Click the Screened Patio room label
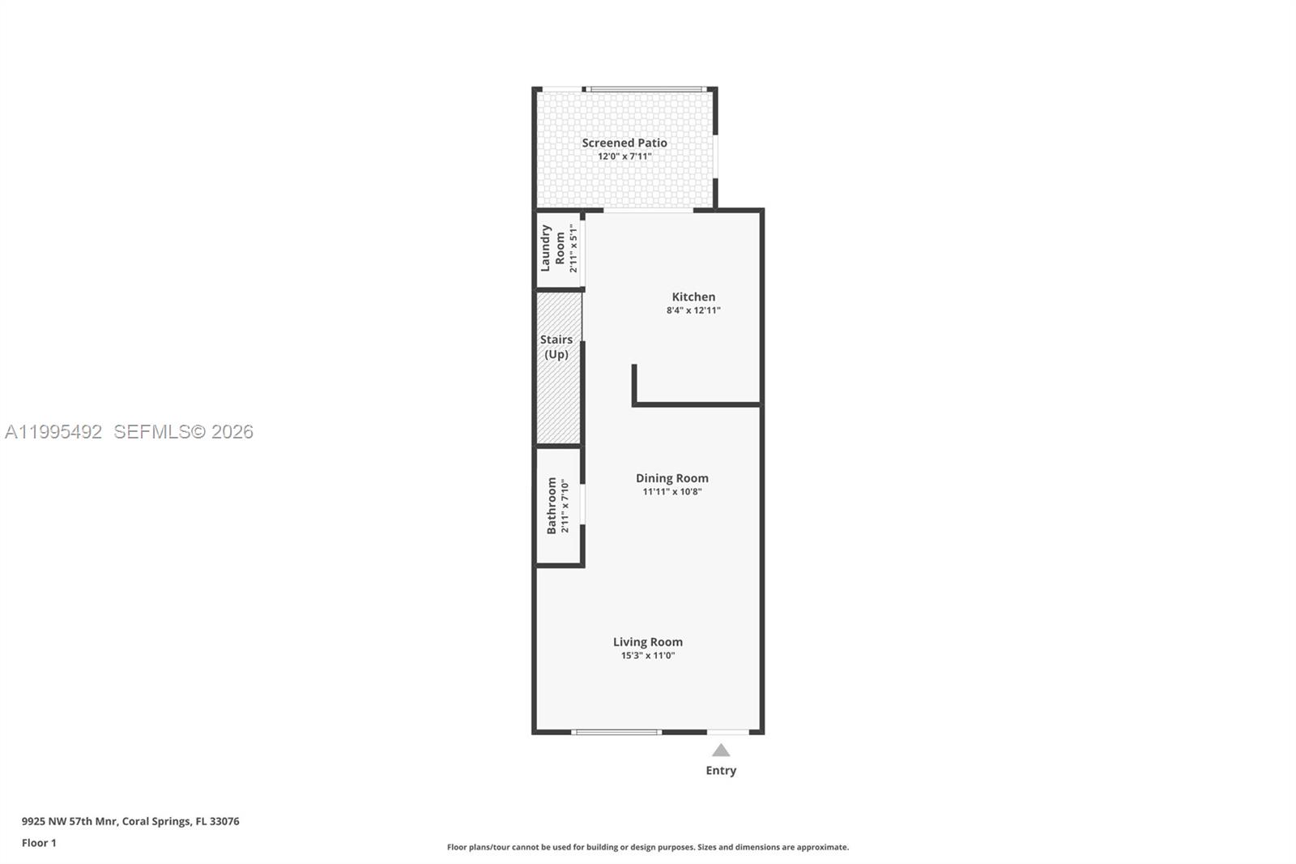(625, 143)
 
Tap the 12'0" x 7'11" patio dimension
(625, 156)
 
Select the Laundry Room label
(552, 248)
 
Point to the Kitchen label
(693, 297)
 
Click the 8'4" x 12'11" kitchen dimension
(693, 310)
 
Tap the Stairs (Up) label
(556, 347)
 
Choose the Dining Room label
(671, 478)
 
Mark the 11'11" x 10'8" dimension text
(671, 491)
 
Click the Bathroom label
(552, 505)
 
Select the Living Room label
(647, 642)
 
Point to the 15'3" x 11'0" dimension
(647, 655)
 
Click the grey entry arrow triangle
(721, 751)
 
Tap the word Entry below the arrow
(721, 770)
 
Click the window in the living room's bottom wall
(616, 732)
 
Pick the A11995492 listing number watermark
(53, 432)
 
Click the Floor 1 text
(39, 843)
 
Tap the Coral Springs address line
(130, 821)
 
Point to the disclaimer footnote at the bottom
(648, 847)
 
